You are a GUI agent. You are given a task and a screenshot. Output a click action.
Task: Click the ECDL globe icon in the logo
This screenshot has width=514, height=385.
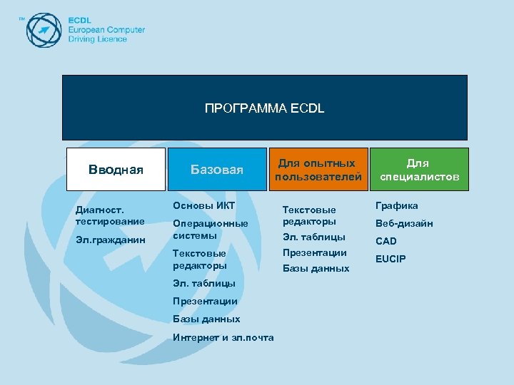pos(44,29)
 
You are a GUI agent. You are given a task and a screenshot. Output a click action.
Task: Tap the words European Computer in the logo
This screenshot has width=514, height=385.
pos(106,30)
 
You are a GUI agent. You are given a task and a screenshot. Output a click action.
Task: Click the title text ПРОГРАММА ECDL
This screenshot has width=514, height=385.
pos(264,108)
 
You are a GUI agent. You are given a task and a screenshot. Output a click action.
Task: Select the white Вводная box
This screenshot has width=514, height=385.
pos(116,170)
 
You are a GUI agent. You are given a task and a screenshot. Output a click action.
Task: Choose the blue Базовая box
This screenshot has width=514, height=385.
pos(216,170)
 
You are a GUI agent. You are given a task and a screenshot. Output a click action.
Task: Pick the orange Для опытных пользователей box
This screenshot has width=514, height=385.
pos(318,170)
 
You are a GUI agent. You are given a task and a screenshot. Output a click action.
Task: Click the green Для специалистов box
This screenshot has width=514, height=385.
pos(419,170)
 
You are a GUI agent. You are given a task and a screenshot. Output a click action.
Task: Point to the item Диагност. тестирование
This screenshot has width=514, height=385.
pos(104,216)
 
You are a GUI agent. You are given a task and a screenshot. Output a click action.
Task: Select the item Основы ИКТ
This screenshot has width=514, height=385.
pos(203,206)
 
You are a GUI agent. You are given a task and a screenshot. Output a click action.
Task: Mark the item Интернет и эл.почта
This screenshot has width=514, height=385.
pos(223,337)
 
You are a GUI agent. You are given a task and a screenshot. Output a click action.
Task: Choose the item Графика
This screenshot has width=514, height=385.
pos(397,206)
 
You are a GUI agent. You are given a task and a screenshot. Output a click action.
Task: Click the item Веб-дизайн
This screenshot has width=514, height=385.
pos(404,223)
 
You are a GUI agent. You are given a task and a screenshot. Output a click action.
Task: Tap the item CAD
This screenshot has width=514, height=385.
pos(386,241)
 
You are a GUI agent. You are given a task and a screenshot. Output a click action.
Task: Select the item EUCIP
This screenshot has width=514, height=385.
pos(390,259)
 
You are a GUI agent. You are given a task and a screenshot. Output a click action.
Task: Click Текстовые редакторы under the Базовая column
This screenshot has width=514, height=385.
pos(199,259)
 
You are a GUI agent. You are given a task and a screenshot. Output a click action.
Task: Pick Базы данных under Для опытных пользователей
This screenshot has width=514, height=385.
pos(316,269)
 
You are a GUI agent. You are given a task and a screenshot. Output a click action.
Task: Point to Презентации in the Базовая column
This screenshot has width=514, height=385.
pos(205,301)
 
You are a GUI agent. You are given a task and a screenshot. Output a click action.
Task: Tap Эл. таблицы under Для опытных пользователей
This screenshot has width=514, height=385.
pos(313,237)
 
